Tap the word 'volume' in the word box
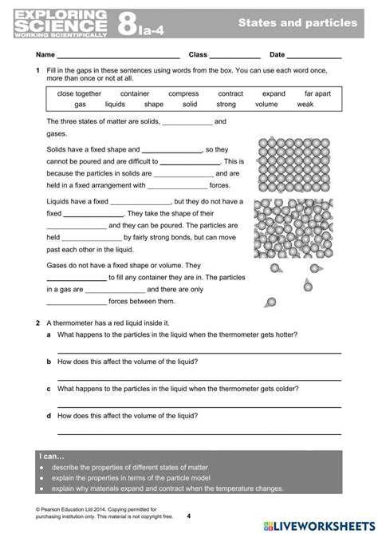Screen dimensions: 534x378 [267, 104]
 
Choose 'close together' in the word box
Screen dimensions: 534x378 [79, 93]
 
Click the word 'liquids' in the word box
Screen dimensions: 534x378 [115, 104]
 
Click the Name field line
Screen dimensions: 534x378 [119, 57]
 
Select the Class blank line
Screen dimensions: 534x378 [235, 57]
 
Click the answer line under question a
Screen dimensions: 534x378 [199, 350]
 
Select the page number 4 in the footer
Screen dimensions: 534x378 [188, 516]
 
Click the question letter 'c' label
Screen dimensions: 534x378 [49, 389]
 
